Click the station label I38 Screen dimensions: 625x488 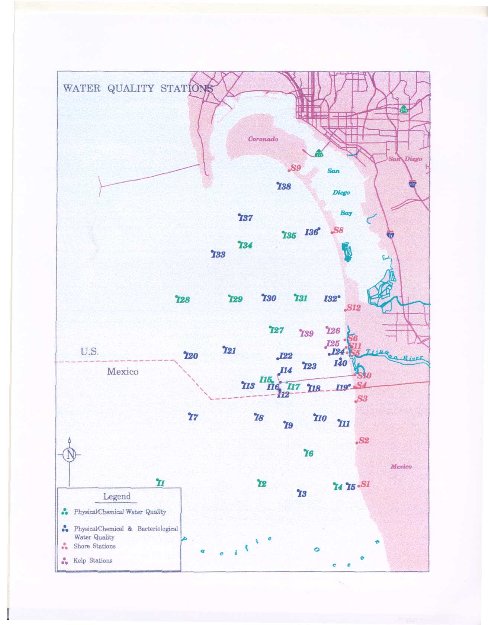[285, 186]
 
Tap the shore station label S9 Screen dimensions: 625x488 [295, 168]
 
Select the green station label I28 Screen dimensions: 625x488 [183, 300]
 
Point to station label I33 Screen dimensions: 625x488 [218, 254]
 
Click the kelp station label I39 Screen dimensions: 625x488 [307, 334]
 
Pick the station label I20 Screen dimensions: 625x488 [191, 356]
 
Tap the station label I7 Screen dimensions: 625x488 [193, 417]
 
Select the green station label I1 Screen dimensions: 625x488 [160, 483]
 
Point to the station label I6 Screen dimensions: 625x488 [309, 453]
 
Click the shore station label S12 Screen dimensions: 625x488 [354, 308]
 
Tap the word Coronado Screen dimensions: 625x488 [263, 139]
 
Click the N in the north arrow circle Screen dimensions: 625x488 [70, 455]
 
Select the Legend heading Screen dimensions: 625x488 [117, 497]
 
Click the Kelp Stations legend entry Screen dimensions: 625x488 [93, 561]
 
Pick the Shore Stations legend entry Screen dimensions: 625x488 [94, 546]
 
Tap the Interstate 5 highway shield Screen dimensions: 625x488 [390, 235]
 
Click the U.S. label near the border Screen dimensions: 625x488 [90, 352]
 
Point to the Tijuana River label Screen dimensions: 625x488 [394, 355]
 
